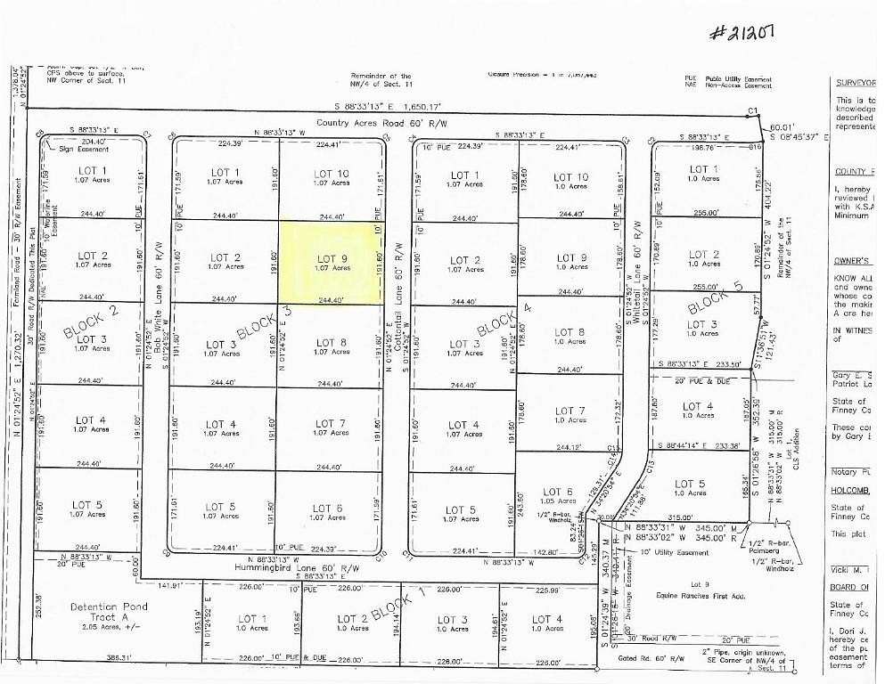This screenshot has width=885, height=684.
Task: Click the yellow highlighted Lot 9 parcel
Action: coord(327,263)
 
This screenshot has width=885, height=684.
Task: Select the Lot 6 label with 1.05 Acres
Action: coord(557,496)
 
